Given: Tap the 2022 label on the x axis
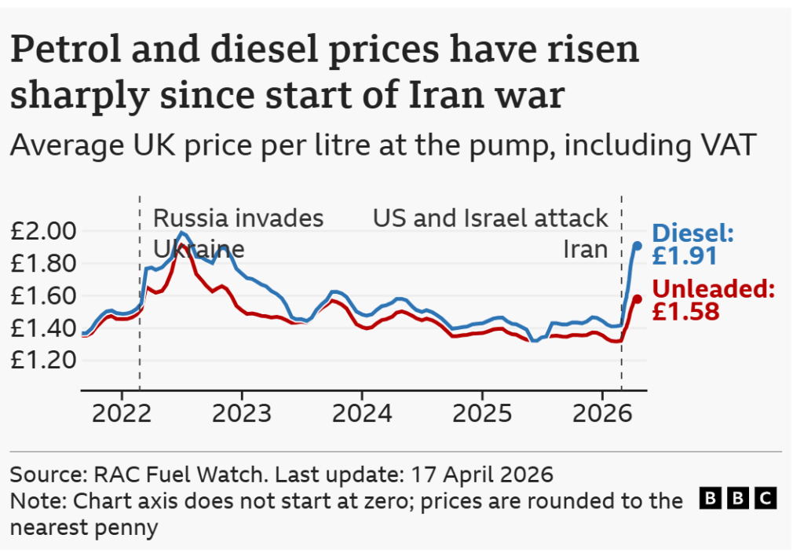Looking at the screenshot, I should (121, 414).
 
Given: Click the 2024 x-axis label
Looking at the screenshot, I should (361, 414).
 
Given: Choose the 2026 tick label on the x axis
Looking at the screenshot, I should (601, 414).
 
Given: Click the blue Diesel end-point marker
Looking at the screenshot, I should (638, 246).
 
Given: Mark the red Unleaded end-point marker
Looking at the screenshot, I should (638, 298).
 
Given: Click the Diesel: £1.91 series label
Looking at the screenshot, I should (693, 244).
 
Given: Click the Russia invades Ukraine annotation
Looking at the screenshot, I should (237, 233).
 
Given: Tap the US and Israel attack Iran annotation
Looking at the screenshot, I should (491, 233).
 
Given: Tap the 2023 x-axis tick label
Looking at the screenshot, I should (241, 414).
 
